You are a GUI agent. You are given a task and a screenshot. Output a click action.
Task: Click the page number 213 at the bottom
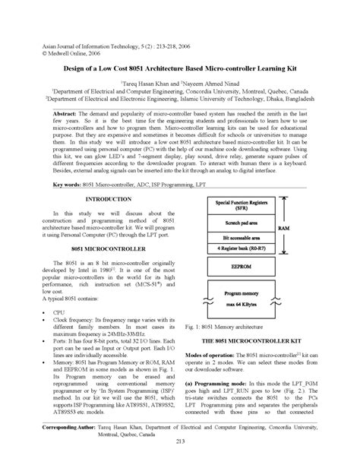pyautogui.click(x=180, y=443)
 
